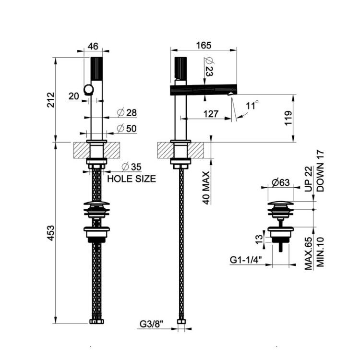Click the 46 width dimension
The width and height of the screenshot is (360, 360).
coord(93,46)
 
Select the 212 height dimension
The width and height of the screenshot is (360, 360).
coord(51,100)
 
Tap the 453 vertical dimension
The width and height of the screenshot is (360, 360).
coord(51,233)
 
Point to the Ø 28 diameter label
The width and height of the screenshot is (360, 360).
coord(127,112)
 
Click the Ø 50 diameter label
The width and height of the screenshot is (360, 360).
coord(127,128)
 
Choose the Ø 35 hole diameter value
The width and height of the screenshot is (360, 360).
coord(132,167)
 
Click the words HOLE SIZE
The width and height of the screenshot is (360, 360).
coord(132,179)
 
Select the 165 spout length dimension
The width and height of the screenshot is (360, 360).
coord(204,46)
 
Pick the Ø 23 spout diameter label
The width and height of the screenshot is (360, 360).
coord(209,67)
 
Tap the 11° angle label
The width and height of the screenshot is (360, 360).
coord(252,106)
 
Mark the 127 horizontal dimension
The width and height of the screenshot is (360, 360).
coord(211,114)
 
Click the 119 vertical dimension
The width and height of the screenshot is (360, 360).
coord(288,118)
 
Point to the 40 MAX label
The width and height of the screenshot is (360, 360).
coord(206,188)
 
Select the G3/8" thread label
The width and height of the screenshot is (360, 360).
coord(151,324)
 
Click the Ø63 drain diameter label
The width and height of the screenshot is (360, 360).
coord(281,182)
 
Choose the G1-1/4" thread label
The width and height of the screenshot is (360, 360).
coord(246,260)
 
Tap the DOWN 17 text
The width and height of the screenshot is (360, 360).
coord(320,171)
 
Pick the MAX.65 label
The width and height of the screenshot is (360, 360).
coord(308,253)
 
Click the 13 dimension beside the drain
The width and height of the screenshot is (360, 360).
coord(259,240)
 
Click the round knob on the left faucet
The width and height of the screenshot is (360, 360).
coord(88,90)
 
